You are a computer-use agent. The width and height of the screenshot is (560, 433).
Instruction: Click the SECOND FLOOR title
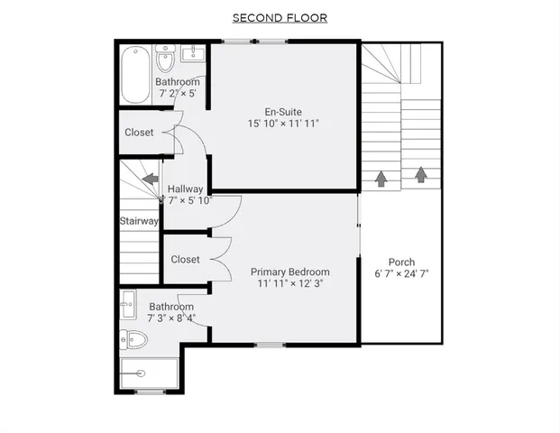(x=280, y=17)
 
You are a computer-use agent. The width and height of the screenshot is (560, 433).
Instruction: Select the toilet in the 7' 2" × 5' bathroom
(x=164, y=61)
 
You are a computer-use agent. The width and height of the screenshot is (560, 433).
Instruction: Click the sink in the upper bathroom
(x=192, y=54)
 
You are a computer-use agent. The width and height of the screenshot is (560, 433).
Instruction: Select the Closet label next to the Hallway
(x=139, y=133)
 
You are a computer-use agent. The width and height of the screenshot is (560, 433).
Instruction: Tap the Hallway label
(x=186, y=189)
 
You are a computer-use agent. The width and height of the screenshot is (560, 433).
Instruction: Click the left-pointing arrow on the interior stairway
(x=150, y=179)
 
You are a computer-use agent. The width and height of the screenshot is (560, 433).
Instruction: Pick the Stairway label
(x=139, y=221)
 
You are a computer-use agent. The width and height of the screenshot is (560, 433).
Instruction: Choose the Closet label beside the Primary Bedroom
(x=185, y=260)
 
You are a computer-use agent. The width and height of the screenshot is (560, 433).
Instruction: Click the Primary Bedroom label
(x=289, y=272)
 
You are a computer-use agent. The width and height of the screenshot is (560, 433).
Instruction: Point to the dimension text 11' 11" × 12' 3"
(x=289, y=284)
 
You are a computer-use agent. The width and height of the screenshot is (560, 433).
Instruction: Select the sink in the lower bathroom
(x=127, y=303)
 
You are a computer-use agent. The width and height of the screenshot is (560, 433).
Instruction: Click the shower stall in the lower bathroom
(x=150, y=373)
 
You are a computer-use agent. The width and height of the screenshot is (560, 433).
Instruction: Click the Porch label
(x=401, y=263)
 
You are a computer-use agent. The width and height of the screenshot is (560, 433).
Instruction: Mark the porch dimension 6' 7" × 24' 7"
(x=401, y=274)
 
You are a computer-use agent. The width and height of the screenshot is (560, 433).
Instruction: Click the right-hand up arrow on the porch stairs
(x=420, y=175)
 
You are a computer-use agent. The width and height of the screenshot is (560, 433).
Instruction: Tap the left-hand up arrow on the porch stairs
(x=381, y=179)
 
